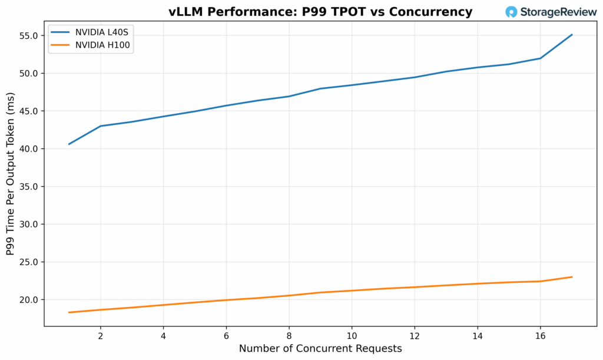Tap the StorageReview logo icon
point(511,12)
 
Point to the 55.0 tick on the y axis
point(29,36)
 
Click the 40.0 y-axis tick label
point(29,149)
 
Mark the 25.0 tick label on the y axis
point(29,262)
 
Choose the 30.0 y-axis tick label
point(29,224)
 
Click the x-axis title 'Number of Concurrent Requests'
point(320,349)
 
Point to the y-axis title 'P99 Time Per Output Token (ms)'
point(10,176)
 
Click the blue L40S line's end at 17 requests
point(572,35)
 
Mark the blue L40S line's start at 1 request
point(69,144)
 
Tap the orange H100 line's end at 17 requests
point(572,277)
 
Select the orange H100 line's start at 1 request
point(69,312)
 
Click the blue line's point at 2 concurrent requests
point(100,126)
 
